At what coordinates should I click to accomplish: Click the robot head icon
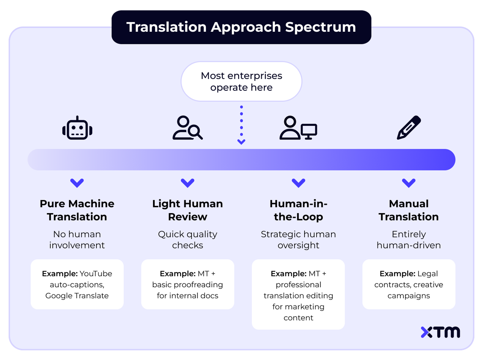77,129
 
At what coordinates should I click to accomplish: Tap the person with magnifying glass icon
187,128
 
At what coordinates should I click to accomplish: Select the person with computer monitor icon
298,128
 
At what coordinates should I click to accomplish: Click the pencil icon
409,128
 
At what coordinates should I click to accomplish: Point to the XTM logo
440,332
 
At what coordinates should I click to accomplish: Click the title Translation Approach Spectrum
241,27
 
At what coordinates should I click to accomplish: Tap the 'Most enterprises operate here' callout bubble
241,81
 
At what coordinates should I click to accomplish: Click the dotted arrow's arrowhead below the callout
241,141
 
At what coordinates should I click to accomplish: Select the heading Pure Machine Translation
77,210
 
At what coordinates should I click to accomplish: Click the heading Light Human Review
187,210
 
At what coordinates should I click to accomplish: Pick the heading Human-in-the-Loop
298,210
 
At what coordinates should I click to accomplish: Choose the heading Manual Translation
409,210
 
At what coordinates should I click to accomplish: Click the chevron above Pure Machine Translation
77,183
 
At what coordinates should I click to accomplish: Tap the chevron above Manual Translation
409,183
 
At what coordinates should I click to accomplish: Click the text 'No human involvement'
77,240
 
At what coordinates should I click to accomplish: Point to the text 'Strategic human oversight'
298,240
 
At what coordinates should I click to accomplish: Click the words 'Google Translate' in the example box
77,296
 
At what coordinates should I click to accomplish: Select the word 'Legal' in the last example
427,274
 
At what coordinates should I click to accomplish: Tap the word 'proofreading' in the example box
201,285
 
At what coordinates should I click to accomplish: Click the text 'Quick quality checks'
187,240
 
